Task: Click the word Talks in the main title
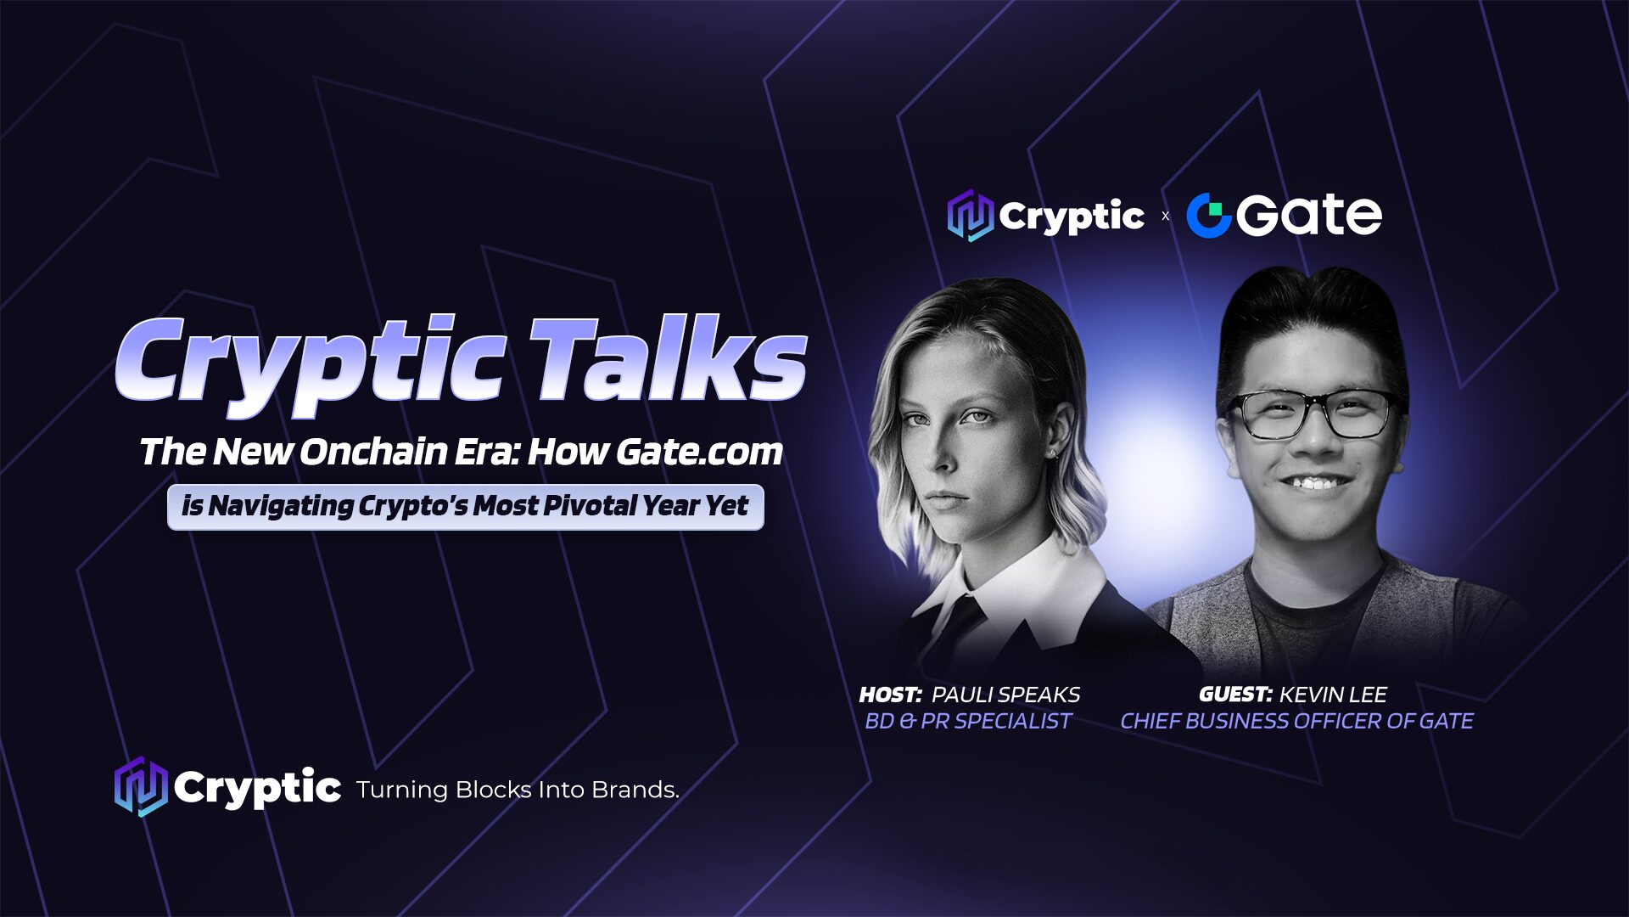[669, 360]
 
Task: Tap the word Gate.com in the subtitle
[699, 452]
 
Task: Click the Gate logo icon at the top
[1208, 216]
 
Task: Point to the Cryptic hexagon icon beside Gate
[970, 216]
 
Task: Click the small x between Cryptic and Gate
[1165, 217]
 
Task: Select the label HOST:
[890, 695]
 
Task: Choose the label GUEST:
[1235, 695]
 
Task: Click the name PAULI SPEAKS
[1006, 695]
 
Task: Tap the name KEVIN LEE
[1333, 695]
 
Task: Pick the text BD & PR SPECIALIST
[968, 722]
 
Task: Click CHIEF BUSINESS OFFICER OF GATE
[1296, 722]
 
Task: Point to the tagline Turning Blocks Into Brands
[518, 790]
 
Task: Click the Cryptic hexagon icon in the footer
[140, 787]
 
